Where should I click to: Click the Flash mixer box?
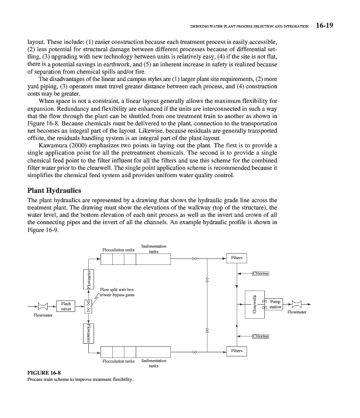(x=66, y=306)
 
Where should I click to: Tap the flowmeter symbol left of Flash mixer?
(x=44, y=306)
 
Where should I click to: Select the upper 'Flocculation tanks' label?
(x=119, y=250)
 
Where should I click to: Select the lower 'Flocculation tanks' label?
(x=119, y=361)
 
